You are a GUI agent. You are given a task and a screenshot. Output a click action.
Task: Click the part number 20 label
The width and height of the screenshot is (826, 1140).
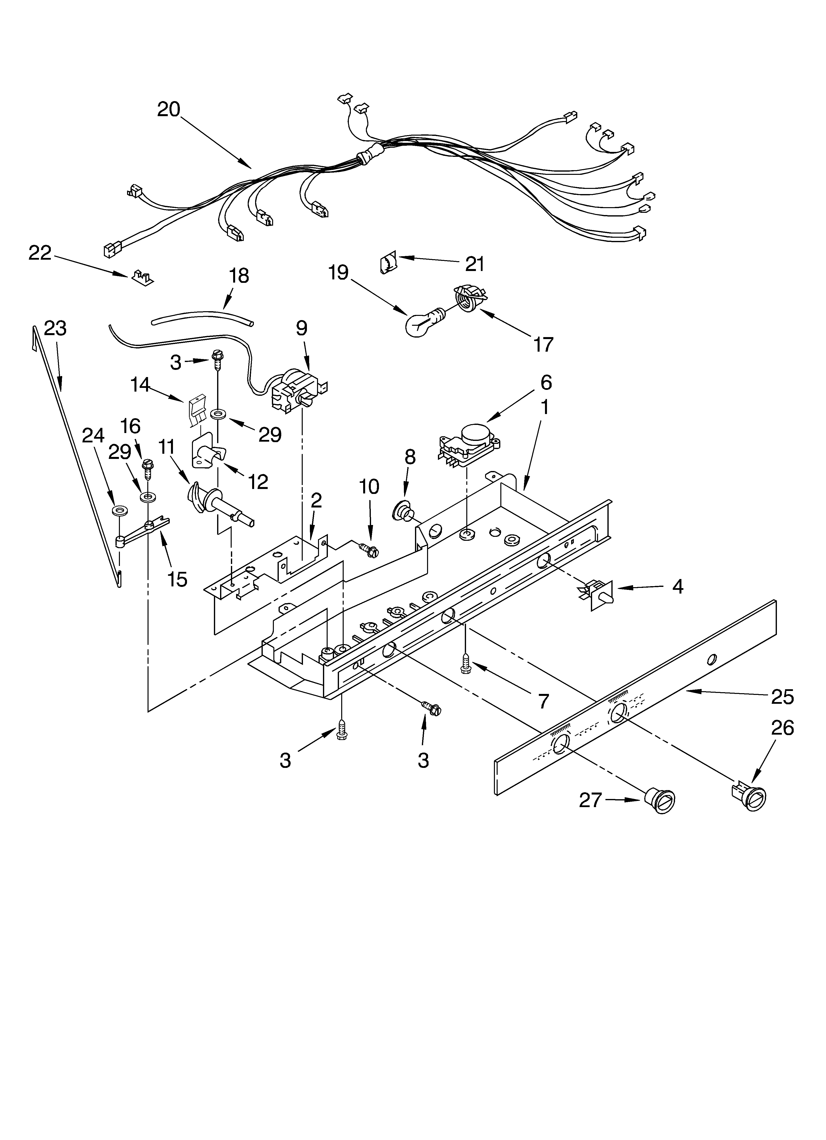click(x=169, y=109)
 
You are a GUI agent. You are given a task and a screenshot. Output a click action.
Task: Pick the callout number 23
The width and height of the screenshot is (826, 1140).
click(x=55, y=328)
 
